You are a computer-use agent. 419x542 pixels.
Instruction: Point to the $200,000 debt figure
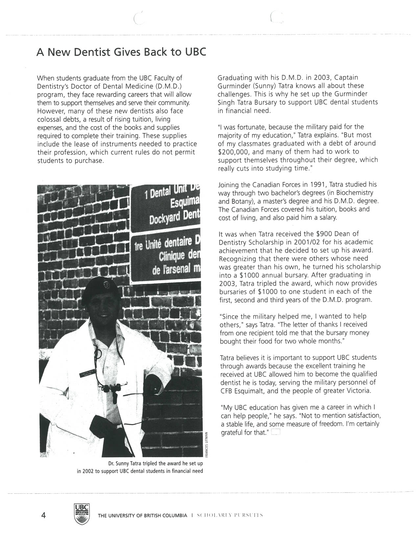click(x=232, y=151)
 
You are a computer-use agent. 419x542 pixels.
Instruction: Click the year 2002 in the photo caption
click(x=88, y=471)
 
